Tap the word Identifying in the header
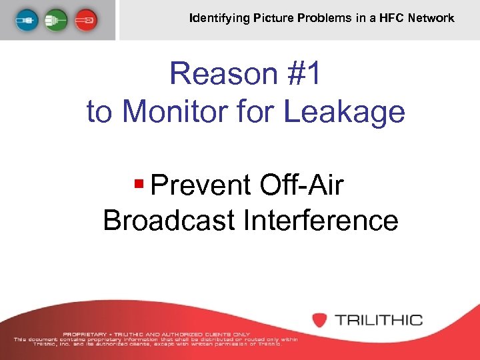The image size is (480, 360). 219,18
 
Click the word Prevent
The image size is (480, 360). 200,185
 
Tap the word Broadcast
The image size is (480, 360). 168,219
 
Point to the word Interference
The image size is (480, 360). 321,219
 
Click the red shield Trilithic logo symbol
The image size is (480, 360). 320,319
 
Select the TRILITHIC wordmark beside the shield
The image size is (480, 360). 379,319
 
